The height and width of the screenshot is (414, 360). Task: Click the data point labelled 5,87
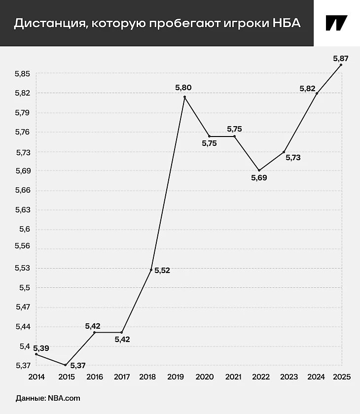pos(341,65)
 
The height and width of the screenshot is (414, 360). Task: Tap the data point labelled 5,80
pos(184,97)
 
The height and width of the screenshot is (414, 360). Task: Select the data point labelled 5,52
pos(151,270)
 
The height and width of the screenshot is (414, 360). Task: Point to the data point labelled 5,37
pos(65,365)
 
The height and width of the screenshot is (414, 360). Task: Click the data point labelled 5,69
pos(259,170)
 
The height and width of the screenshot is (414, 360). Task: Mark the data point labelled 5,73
pos(284,151)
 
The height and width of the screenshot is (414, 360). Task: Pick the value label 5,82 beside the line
pos(308,88)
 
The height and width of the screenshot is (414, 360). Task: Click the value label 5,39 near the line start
pos(41,348)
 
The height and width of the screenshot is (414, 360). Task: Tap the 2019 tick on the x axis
pos(177,377)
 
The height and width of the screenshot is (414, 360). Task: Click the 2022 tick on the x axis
pos(261,377)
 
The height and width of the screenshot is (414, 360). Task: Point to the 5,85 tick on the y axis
pos(23,74)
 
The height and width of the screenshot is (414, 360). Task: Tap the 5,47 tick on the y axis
pos(23,307)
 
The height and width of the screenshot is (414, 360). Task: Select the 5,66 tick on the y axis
pos(23,190)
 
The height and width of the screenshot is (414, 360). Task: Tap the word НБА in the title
pos(286,23)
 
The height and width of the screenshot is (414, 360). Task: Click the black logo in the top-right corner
pos(336,23)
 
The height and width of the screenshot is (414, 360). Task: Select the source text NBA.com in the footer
pos(64,398)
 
